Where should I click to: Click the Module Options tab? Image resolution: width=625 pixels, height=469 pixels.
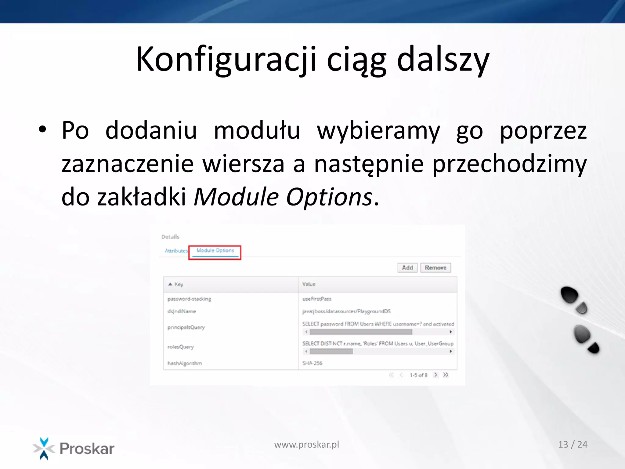tap(215, 251)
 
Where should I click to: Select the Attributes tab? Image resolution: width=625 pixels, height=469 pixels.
tap(176, 251)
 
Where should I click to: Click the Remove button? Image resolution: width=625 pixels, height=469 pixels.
tap(435, 268)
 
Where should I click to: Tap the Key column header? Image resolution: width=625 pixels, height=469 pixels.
tap(179, 284)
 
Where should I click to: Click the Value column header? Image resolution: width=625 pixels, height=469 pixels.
tap(309, 284)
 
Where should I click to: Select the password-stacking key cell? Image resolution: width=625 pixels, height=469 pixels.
tap(189, 299)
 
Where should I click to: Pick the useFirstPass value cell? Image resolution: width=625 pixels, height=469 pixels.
tap(317, 299)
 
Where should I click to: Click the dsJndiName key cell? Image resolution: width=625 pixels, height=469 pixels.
tap(182, 311)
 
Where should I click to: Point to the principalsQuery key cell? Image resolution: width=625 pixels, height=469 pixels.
tap(186, 327)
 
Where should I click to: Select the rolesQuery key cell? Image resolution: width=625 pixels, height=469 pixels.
tap(180, 347)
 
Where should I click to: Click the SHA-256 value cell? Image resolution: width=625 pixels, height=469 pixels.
tap(312, 363)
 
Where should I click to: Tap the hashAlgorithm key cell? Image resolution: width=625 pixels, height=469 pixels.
tap(185, 363)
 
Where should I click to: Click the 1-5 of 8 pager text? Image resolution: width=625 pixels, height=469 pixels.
tap(418, 375)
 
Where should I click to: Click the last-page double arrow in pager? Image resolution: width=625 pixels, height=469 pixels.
tap(446, 375)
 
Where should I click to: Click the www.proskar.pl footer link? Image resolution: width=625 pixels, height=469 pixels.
tap(306, 445)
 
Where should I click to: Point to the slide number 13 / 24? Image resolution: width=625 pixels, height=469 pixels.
tap(573, 445)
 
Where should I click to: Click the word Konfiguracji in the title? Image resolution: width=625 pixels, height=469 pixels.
tap(226, 59)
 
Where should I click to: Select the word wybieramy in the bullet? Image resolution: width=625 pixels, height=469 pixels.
tap(378, 131)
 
